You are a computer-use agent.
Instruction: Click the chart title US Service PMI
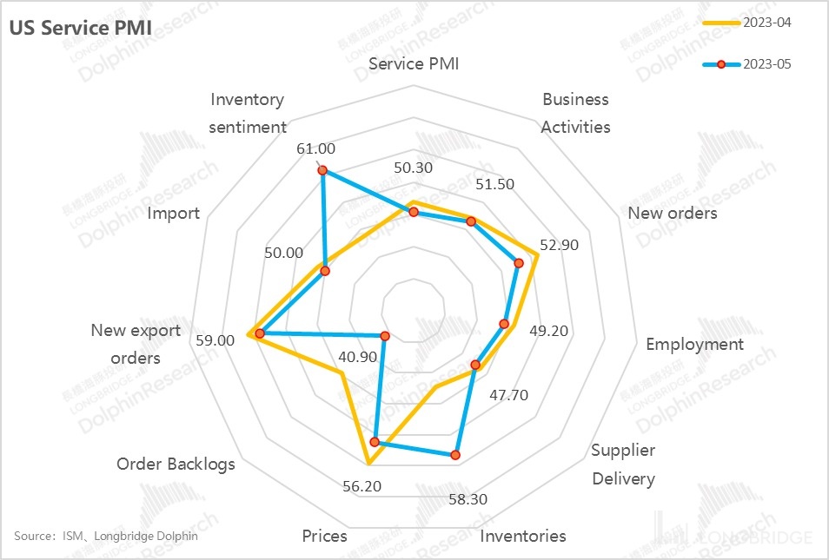[x=80, y=27]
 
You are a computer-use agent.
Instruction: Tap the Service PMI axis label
[x=414, y=64]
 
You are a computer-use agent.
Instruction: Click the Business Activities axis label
[x=575, y=113]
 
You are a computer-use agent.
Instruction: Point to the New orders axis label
[x=673, y=213]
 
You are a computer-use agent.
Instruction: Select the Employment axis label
[x=694, y=345]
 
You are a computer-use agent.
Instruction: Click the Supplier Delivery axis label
[x=623, y=464]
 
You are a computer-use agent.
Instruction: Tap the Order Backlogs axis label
[x=176, y=464]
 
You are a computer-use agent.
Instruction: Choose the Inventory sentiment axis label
[x=248, y=113]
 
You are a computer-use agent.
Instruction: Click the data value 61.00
[x=315, y=148]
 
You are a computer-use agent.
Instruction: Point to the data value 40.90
[x=358, y=357]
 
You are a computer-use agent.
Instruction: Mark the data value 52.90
[x=559, y=245]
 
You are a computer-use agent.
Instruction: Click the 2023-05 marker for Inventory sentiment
[x=322, y=171]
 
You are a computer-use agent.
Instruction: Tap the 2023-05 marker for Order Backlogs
[x=386, y=335]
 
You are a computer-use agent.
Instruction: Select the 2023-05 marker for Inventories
[x=455, y=454]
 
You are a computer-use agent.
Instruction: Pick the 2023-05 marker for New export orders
[x=259, y=333]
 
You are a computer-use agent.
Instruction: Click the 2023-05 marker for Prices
[x=375, y=442]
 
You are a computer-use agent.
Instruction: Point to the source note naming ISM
[x=106, y=536]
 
